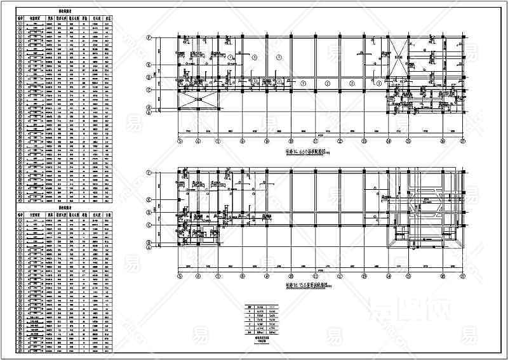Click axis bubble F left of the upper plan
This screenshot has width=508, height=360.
pyautogui.click(x=149, y=37)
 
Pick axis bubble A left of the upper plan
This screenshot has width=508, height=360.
pyautogui.click(x=149, y=116)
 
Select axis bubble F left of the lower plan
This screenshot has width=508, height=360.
pyautogui.click(x=149, y=171)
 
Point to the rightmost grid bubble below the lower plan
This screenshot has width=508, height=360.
pyautogui.click(x=463, y=276)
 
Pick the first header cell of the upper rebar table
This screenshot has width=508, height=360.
pyautogui.click(x=21, y=19)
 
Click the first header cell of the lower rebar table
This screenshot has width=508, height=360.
pyautogui.click(x=21, y=216)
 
